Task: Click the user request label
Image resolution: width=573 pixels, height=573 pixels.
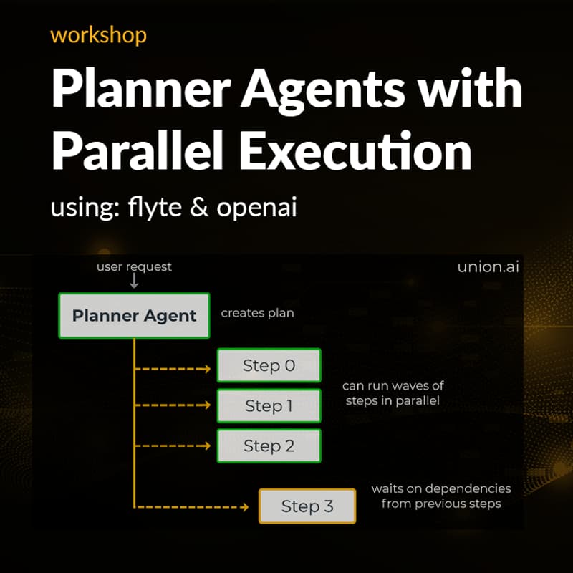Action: (x=134, y=266)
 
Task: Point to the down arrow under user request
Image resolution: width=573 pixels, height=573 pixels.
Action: (x=134, y=281)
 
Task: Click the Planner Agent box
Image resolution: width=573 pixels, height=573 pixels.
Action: (x=134, y=315)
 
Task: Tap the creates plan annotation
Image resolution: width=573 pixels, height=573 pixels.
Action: (x=257, y=313)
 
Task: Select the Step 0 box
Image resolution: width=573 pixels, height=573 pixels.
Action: (x=269, y=365)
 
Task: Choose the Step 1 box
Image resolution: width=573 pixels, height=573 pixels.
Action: (x=269, y=406)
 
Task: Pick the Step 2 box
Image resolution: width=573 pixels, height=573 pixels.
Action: (x=269, y=446)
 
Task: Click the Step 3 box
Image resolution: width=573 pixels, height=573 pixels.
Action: (x=307, y=506)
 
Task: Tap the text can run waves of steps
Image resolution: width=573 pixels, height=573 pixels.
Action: (x=393, y=393)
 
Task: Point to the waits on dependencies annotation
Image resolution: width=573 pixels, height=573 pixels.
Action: (x=440, y=496)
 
